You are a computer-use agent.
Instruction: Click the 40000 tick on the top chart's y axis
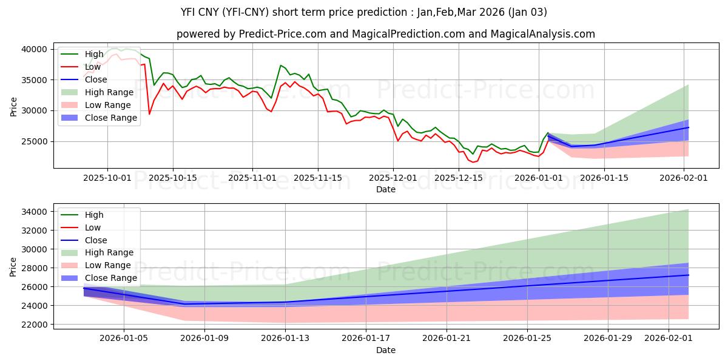(35, 49)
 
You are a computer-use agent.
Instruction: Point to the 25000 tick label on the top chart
(35, 141)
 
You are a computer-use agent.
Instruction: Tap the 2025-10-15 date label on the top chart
(173, 178)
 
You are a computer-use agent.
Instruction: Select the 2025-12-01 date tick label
(393, 178)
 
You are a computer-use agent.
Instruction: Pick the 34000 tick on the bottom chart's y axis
(35, 212)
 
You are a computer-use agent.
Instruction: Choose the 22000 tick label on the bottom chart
(35, 325)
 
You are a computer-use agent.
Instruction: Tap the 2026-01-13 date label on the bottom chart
(285, 339)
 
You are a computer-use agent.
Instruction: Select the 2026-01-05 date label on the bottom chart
(124, 339)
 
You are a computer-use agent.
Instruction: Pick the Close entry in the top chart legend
(96, 79)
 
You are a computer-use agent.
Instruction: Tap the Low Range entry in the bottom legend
(109, 265)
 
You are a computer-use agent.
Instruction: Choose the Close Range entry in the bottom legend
(110, 278)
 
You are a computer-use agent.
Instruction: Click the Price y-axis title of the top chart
(14, 107)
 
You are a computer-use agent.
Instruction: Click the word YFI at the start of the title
(190, 12)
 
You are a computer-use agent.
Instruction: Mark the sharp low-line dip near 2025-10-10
(149, 114)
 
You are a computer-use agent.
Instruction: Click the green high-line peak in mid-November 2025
(280, 65)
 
